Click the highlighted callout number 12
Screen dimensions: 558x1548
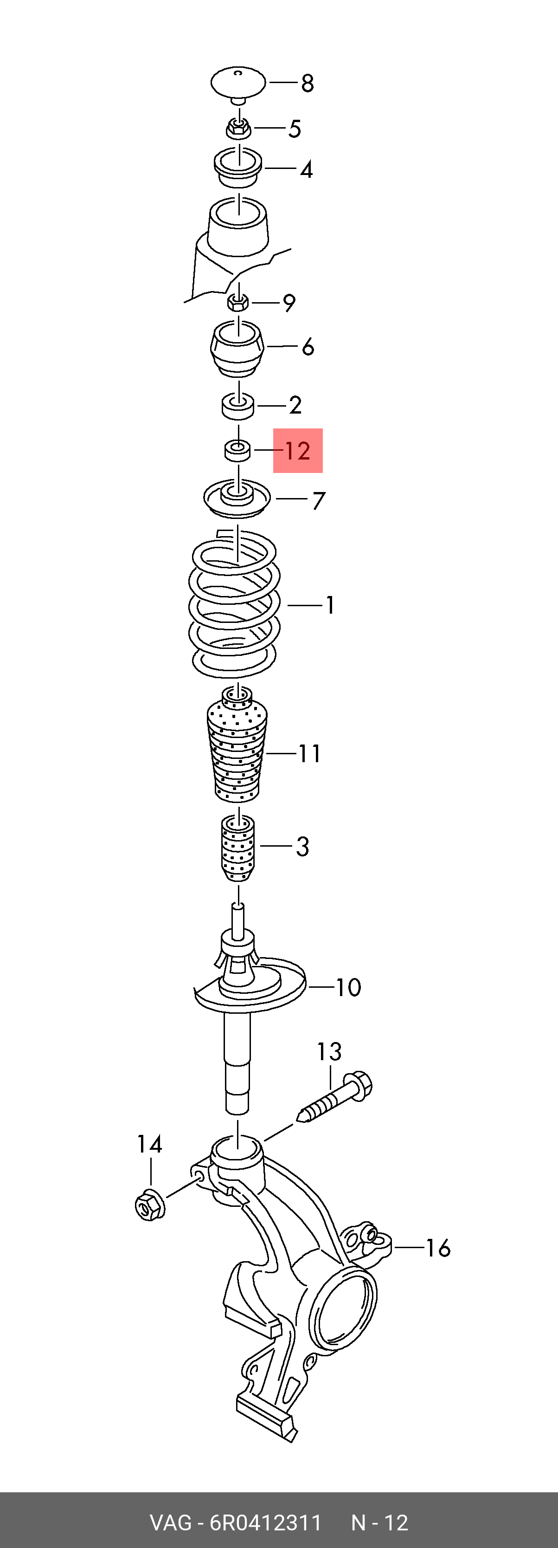(x=298, y=451)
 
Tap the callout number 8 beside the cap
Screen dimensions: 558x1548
(x=308, y=83)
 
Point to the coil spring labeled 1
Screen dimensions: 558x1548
(x=234, y=604)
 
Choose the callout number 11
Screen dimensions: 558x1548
(x=310, y=753)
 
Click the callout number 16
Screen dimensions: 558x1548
(x=438, y=1248)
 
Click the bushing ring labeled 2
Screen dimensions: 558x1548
(x=238, y=406)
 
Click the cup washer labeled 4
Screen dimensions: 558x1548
(x=238, y=168)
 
